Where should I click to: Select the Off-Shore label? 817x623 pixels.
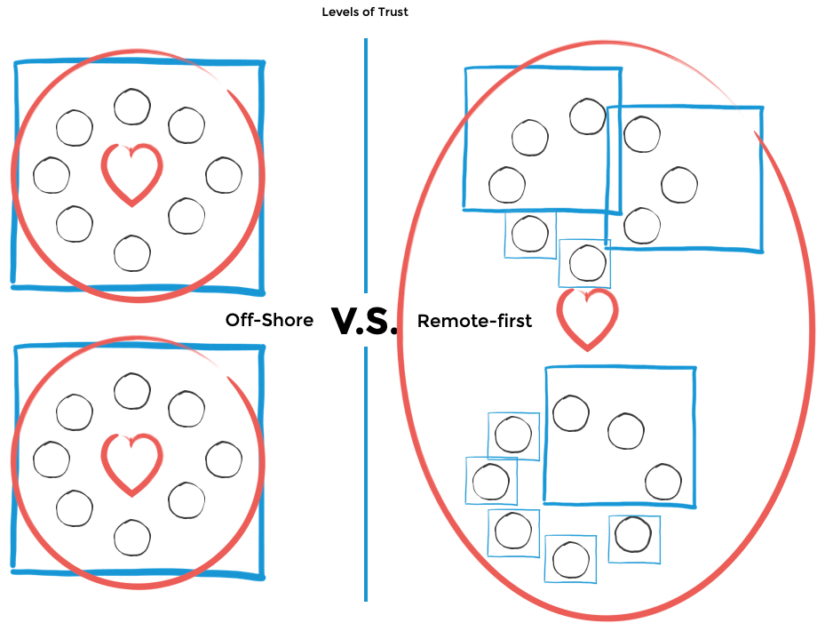(x=269, y=320)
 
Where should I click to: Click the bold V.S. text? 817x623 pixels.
(x=364, y=321)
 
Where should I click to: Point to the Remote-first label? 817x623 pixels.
(x=475, y=321)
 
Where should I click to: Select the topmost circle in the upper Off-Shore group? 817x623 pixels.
(x=132, y=107)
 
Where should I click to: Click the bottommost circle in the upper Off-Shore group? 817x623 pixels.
(x=132, y=253)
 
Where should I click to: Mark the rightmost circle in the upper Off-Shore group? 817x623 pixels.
(x=224, y=175)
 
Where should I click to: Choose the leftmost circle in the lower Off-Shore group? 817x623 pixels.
(x=52, y=459)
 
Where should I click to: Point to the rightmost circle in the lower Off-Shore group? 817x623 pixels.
(x=224, y=459)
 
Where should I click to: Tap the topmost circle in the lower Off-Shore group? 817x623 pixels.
(x=132, y=391)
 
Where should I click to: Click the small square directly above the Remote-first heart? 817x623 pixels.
(x=584, y=263)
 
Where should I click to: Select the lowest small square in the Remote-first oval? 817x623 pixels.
(x=570, y=559)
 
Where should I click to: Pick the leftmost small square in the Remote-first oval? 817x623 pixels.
(x=491, y=481)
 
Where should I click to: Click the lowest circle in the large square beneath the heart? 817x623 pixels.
(x=663, y=481)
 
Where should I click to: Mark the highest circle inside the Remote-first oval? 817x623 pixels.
(x=588, y=116)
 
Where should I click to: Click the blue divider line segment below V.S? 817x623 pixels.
(x=366, y=474)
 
